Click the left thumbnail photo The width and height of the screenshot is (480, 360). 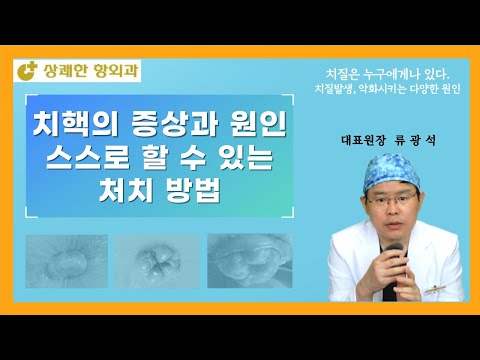click(x=69, y=262)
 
